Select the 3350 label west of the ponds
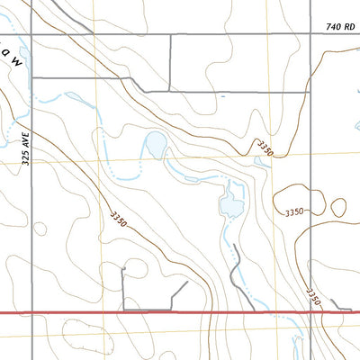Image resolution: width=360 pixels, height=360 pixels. pyautogui.click(x=120, y=219)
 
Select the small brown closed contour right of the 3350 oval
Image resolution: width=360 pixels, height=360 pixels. pyautogui.click(x=338, y=207)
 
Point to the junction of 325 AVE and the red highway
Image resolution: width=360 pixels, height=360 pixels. pyautogui.click(x=32, y=311)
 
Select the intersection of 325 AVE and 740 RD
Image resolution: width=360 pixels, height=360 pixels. pyautogui.click(x=32, y=35)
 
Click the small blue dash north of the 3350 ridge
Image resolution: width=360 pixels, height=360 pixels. pyautogui.click(x=221, y=94)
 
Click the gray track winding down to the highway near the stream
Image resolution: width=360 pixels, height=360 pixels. pyautogui.click(x=238, y=270)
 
